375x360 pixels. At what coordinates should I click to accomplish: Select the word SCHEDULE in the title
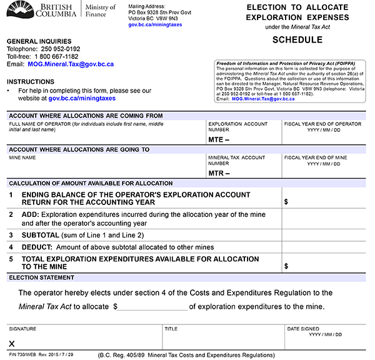pos(297,40)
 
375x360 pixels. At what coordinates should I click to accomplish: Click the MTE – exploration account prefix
pos(219,140)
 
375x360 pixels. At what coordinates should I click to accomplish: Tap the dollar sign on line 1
pos(286,202)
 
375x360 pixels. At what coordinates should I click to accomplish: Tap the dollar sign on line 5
pos(286,266)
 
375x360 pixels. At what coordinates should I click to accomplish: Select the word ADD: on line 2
pos(32,214)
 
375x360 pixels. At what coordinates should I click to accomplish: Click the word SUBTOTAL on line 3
pos(41,235)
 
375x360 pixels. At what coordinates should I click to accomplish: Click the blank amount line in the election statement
pos(152,307)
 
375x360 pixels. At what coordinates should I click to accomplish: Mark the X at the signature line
pos(11,343)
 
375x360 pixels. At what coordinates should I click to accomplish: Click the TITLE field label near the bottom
pos(171,328)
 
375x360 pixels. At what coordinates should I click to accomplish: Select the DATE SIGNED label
pos(303,328)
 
